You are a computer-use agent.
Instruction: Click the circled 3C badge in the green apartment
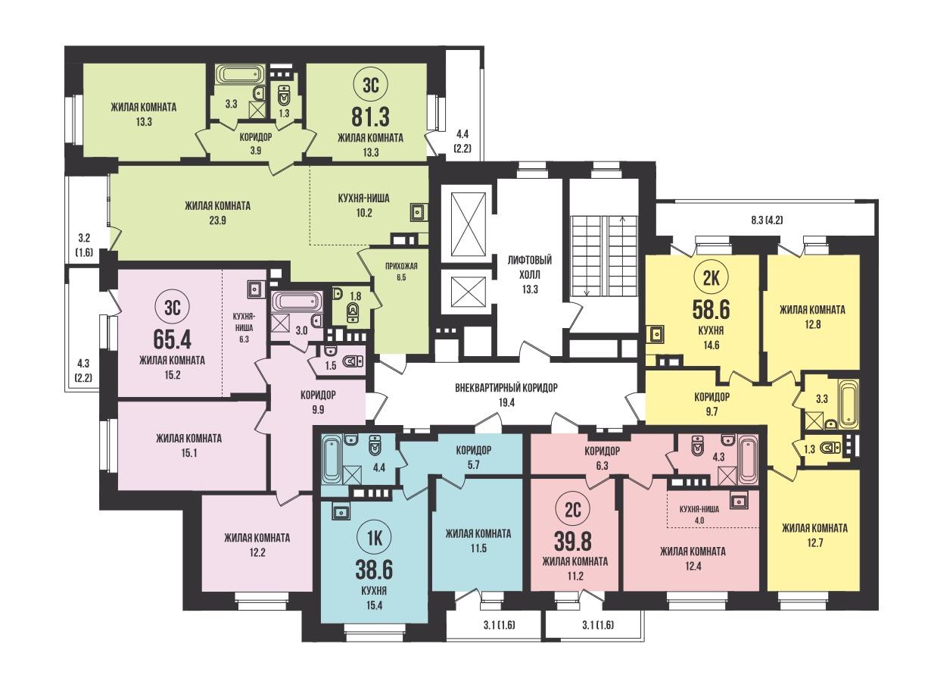click(x=370, y=86)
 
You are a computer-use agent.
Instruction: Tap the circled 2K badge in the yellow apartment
click(x=710, y=278)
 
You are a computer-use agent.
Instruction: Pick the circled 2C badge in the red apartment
click(x=573, y=511)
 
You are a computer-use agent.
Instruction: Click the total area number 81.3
click(x=370, y=117)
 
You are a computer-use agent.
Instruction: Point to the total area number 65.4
click(x=172, y=338)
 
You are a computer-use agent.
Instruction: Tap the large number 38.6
click(x=374, y=569)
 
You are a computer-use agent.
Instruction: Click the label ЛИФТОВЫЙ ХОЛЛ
click(x=530, y=267)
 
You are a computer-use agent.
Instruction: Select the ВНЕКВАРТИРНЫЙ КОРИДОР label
click(x=506, y=388)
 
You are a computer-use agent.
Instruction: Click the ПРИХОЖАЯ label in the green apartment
click(x=401, y=266)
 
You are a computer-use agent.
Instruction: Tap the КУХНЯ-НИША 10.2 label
click(x=363, y=205)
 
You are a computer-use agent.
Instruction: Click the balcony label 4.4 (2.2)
click(x=462, y=142)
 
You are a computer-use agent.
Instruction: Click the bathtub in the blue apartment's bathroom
click(x=331, y=459)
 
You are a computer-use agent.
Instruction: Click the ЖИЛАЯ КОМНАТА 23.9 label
click(x=217, y=213)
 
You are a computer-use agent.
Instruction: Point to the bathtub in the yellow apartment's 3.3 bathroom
click(x=848, y=404)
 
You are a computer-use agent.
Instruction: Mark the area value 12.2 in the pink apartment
click(x=257, y=552)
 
